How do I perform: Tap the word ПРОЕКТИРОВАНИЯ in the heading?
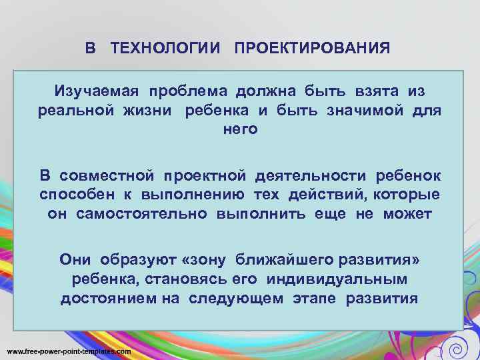tap(312, 49)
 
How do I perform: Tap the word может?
tap(407, 214)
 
